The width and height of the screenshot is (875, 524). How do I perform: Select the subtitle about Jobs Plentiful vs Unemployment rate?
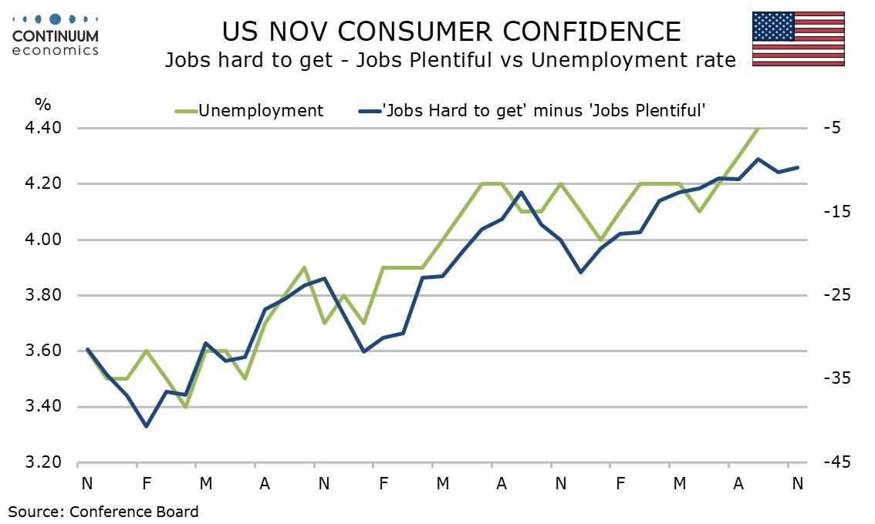pyautogui.click(x=450, y=60)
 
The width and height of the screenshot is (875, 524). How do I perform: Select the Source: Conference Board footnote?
pyautogui.click(x=103, y=511)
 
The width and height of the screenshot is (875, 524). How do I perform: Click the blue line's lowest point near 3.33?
pyautogui.click(x=146, y=426)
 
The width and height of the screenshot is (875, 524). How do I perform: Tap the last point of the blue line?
pyautogui.click(x=797, y=167)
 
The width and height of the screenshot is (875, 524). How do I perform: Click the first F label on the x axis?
pyautogui.click(x=146, y=483)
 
